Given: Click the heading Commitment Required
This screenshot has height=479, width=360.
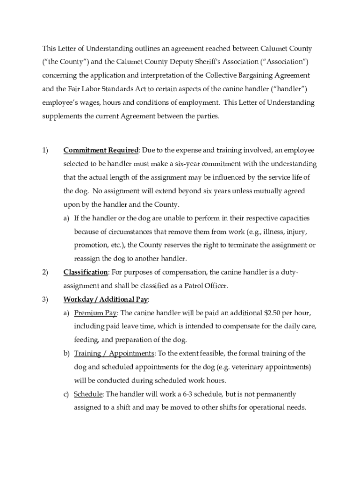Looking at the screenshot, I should pos(101,151).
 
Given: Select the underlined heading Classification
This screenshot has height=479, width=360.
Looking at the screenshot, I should pos(86,272).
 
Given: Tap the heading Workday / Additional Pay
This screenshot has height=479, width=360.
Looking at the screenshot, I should pos(106,299).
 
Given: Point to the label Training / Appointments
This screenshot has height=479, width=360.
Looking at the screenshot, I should pos(114,354).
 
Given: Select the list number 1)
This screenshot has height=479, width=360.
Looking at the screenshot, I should pos(45,151).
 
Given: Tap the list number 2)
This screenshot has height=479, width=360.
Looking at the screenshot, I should pos(45,272).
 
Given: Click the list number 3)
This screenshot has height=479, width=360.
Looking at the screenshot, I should pos(45,299).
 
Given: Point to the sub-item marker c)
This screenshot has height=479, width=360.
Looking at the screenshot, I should pos(67,394).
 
